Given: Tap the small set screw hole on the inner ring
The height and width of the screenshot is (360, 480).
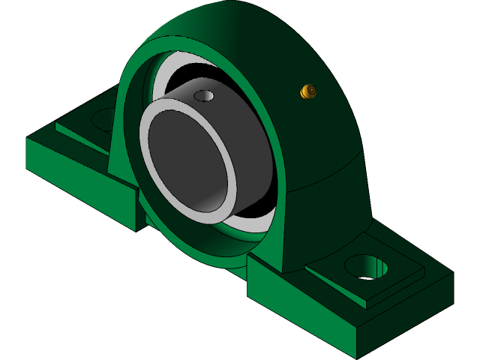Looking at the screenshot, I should [203, 96].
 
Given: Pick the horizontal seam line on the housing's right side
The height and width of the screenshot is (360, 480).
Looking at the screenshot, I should [330, 171].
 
